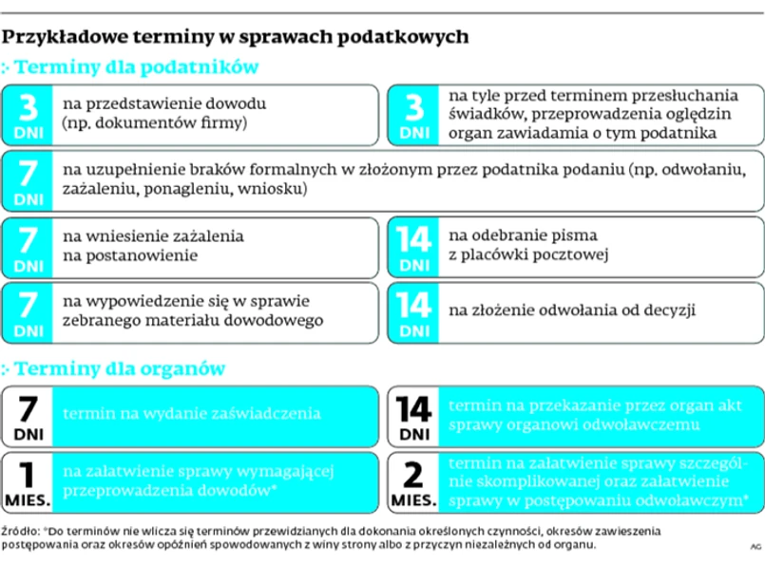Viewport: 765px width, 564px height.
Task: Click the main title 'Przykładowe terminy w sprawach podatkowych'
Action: pos(235,37)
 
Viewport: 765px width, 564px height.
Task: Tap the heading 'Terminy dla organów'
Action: pos(119,367)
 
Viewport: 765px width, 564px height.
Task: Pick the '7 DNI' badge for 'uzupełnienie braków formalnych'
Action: pos(29,180)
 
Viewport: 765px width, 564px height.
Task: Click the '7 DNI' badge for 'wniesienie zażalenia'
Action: pos(29,247)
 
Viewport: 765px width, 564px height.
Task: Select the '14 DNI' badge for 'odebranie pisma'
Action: pos(414,247)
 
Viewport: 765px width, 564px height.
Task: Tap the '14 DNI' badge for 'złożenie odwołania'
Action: pos(414,311)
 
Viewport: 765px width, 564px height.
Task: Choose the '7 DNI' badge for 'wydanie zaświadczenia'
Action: pos(29,416)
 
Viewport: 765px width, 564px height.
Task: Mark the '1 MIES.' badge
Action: pos(29,481)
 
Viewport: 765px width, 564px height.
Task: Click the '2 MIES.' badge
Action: pos(414,481)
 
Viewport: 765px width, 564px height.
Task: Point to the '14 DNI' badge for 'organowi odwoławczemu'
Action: pos(414,416)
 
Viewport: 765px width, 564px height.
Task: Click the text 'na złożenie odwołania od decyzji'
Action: pos(573,310)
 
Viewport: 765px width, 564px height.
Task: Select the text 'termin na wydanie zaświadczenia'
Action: pos(191,414)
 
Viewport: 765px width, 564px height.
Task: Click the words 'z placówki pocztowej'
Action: pos(527,255)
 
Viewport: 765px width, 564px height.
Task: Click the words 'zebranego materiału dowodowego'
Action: pos(192,321)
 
